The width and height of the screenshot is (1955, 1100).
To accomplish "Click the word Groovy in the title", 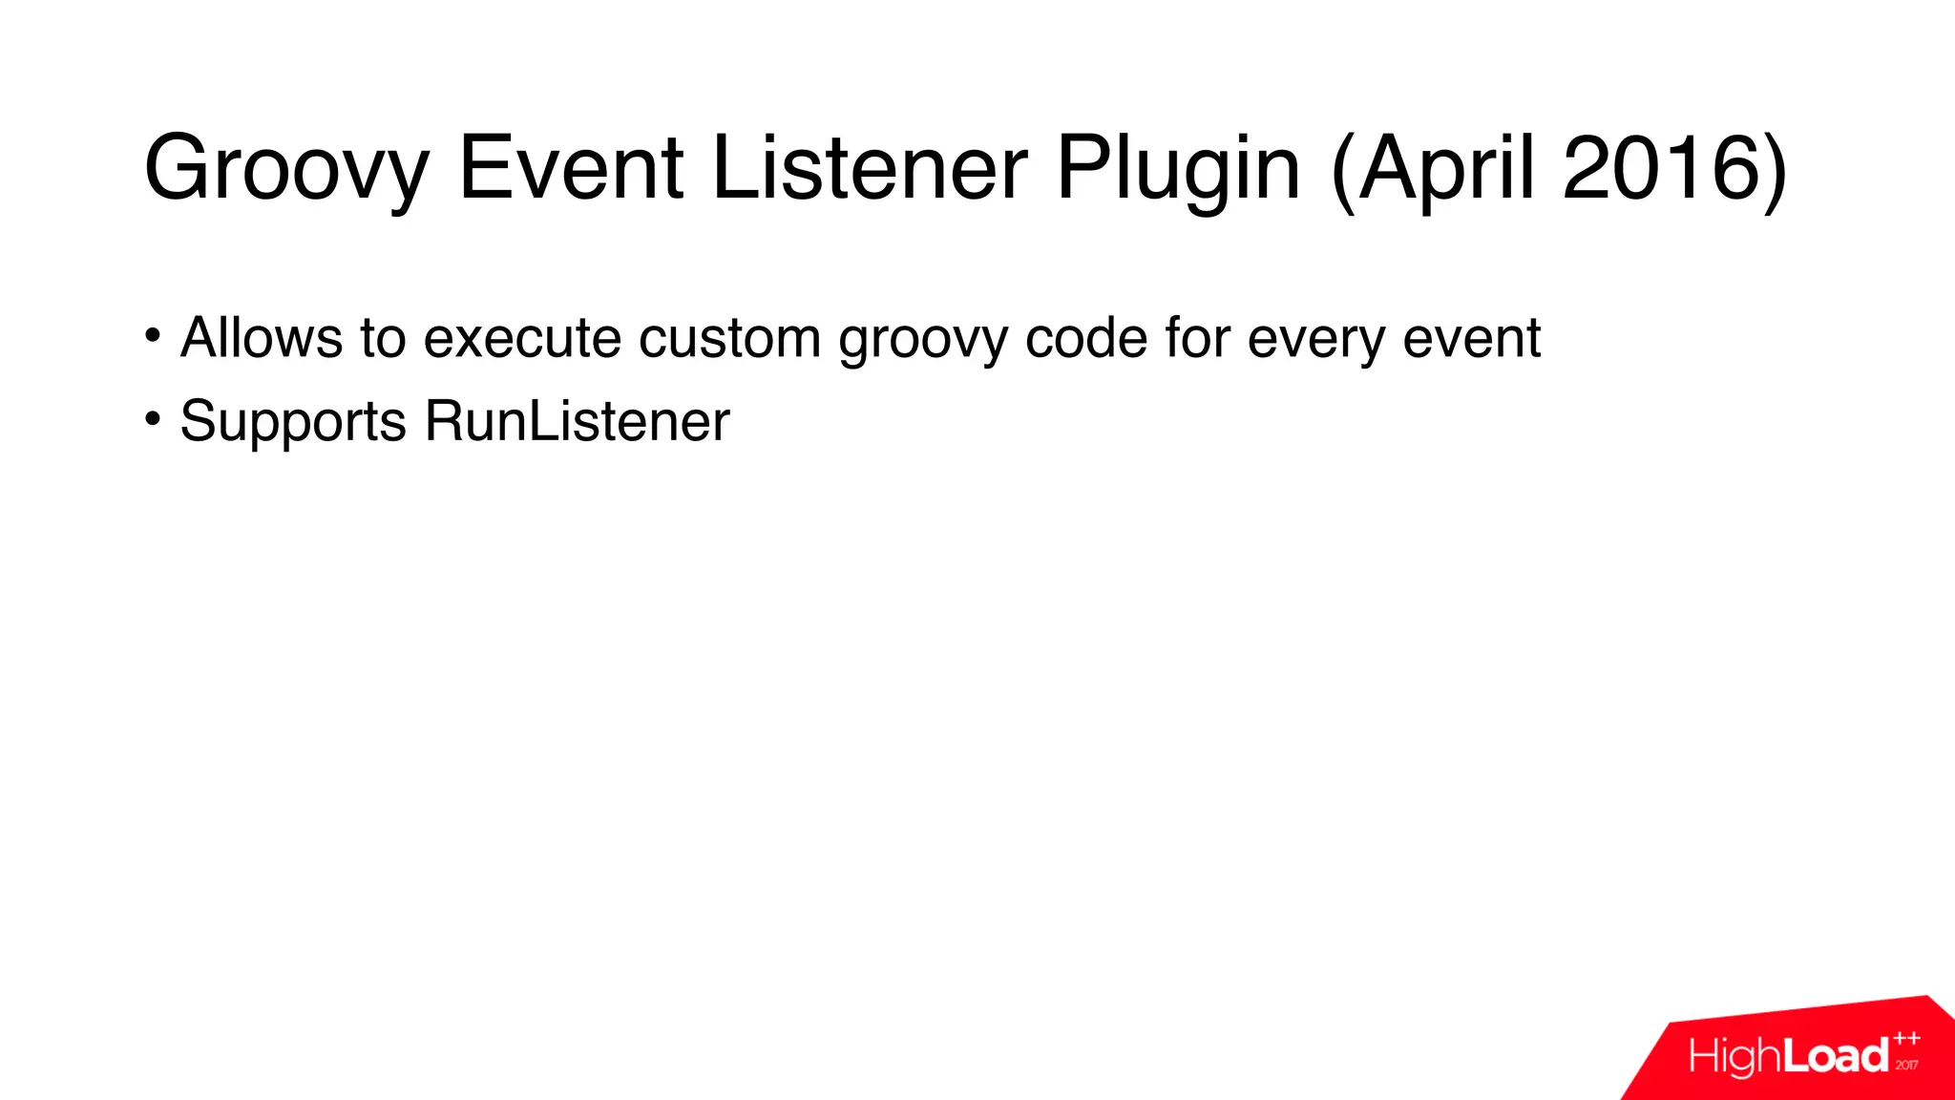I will point(286,170).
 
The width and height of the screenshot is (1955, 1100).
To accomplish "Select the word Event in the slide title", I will point(571,168).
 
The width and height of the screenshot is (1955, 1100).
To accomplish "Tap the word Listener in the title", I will point(870,168).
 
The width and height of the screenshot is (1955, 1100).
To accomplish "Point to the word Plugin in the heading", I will point(1178,170).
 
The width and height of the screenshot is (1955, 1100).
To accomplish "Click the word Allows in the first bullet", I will point(262,338).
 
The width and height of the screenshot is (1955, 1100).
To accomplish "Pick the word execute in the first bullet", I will point(522,338).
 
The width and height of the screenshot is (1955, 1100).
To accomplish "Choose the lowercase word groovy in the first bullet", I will point(922,340).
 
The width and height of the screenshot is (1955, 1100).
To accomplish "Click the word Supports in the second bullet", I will point(293,422).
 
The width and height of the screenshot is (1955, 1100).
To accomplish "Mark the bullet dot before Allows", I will point(153,336).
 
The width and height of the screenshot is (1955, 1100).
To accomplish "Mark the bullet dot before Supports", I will point(153,419).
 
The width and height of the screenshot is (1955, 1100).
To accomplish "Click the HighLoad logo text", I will point(1788,1056).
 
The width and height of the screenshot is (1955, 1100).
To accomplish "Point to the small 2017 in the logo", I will point(1907,1065).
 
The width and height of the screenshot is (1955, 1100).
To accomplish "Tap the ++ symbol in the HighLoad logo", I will point(1907,1039).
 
